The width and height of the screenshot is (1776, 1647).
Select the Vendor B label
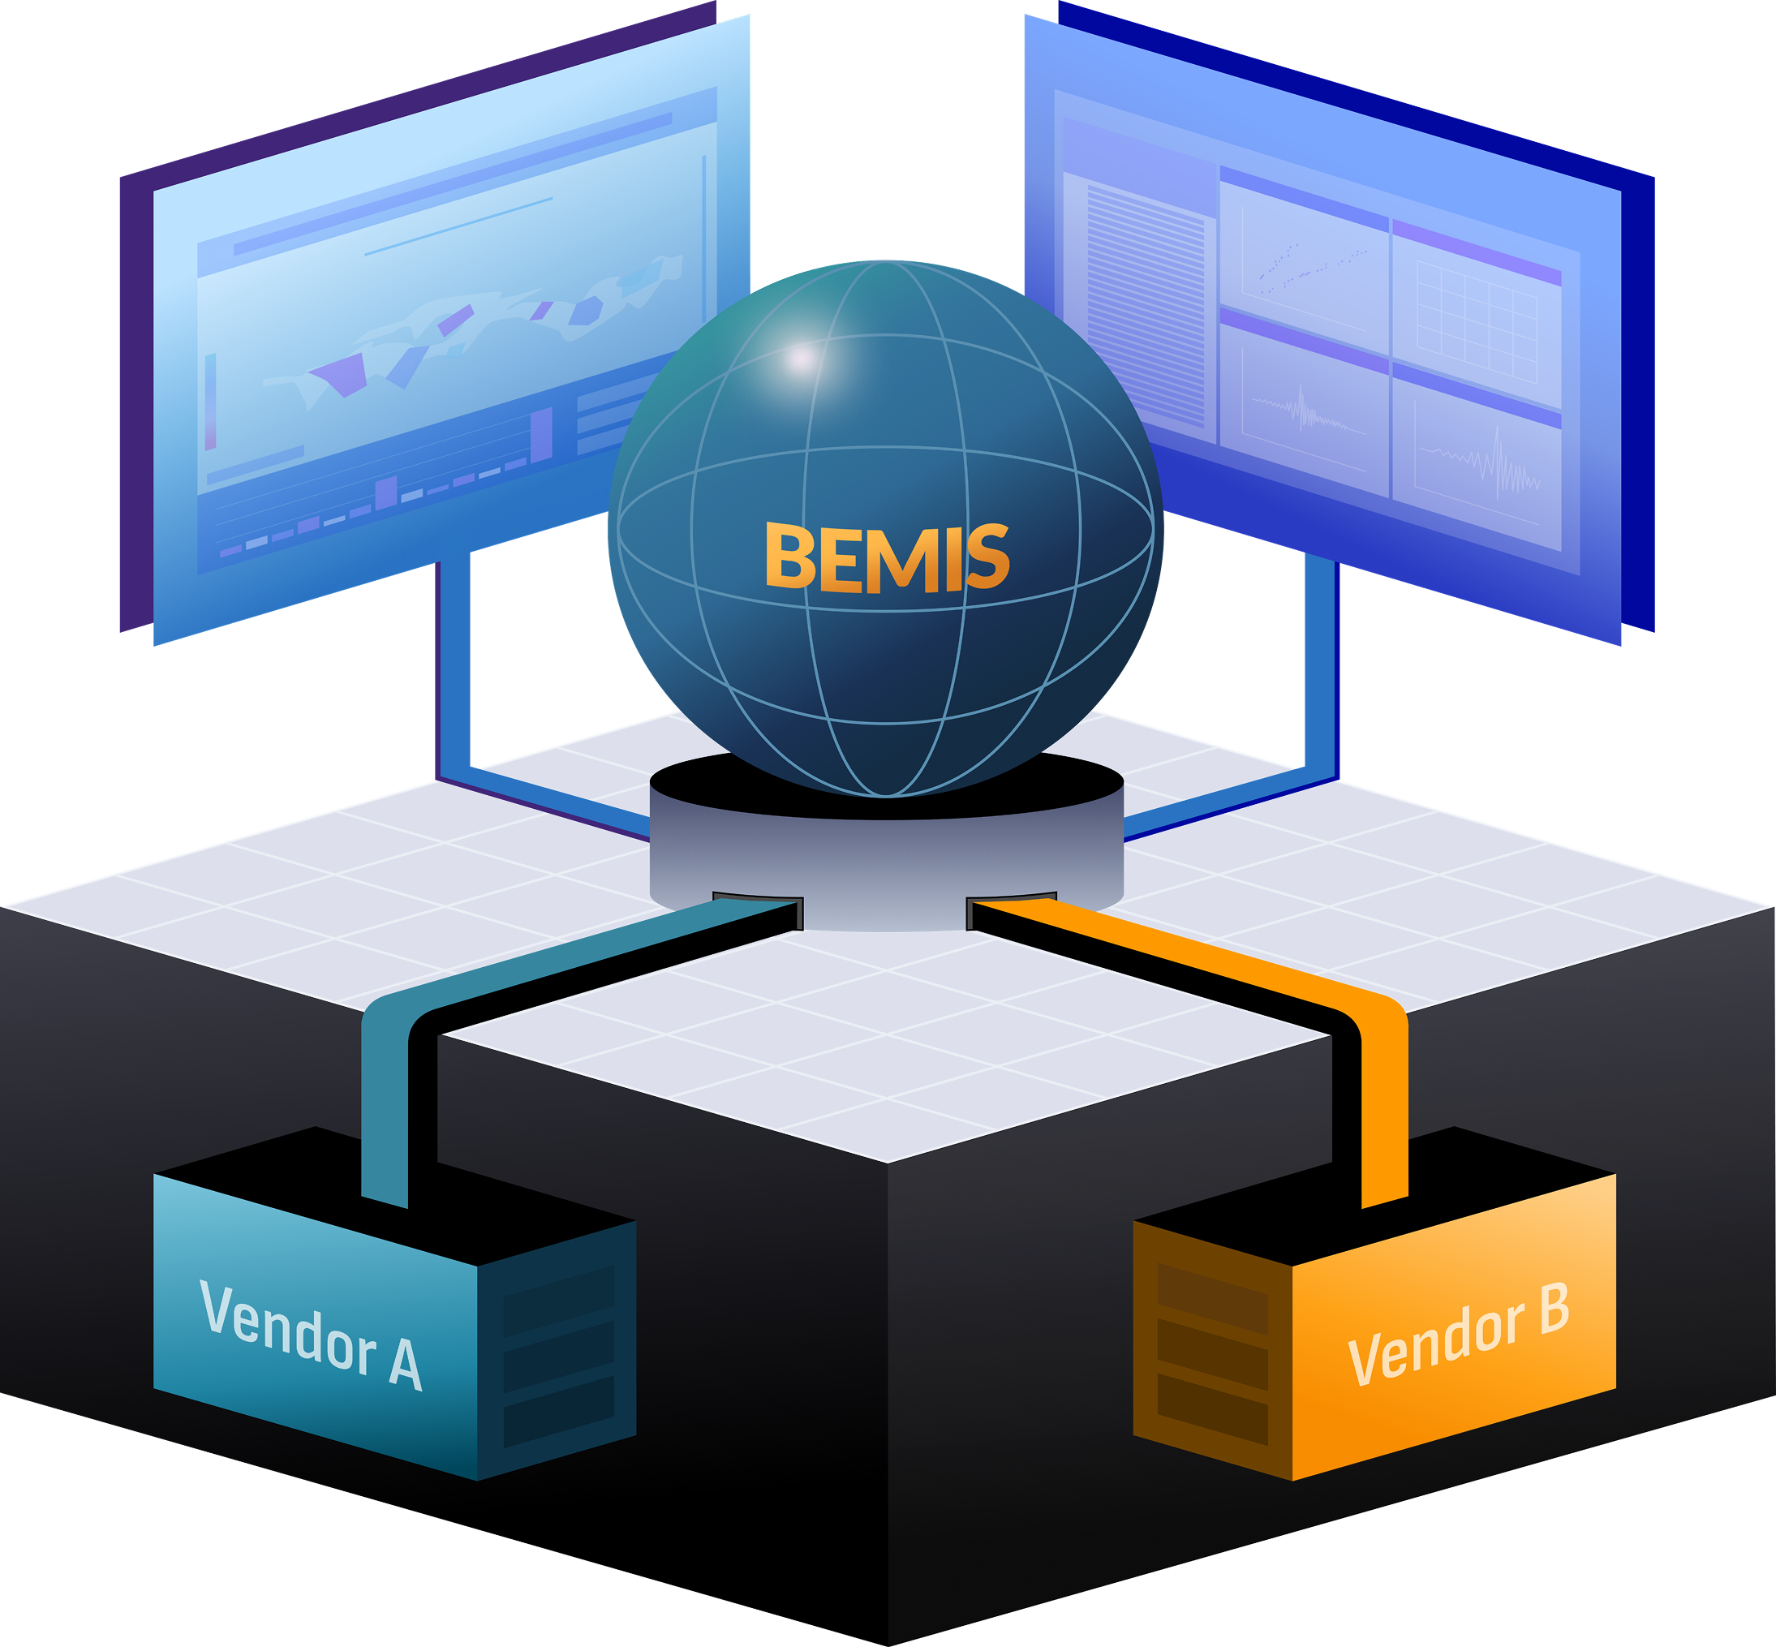pos(1458,1334)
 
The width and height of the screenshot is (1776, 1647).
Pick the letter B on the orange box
pos(1553,1309)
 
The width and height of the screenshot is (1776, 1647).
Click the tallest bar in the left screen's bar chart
pos(542,434)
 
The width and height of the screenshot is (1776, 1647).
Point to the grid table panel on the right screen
pos(1477,320)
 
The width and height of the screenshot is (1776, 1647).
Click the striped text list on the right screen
pos(1145,303)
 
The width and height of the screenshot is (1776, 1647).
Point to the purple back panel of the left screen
pos(135,401)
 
